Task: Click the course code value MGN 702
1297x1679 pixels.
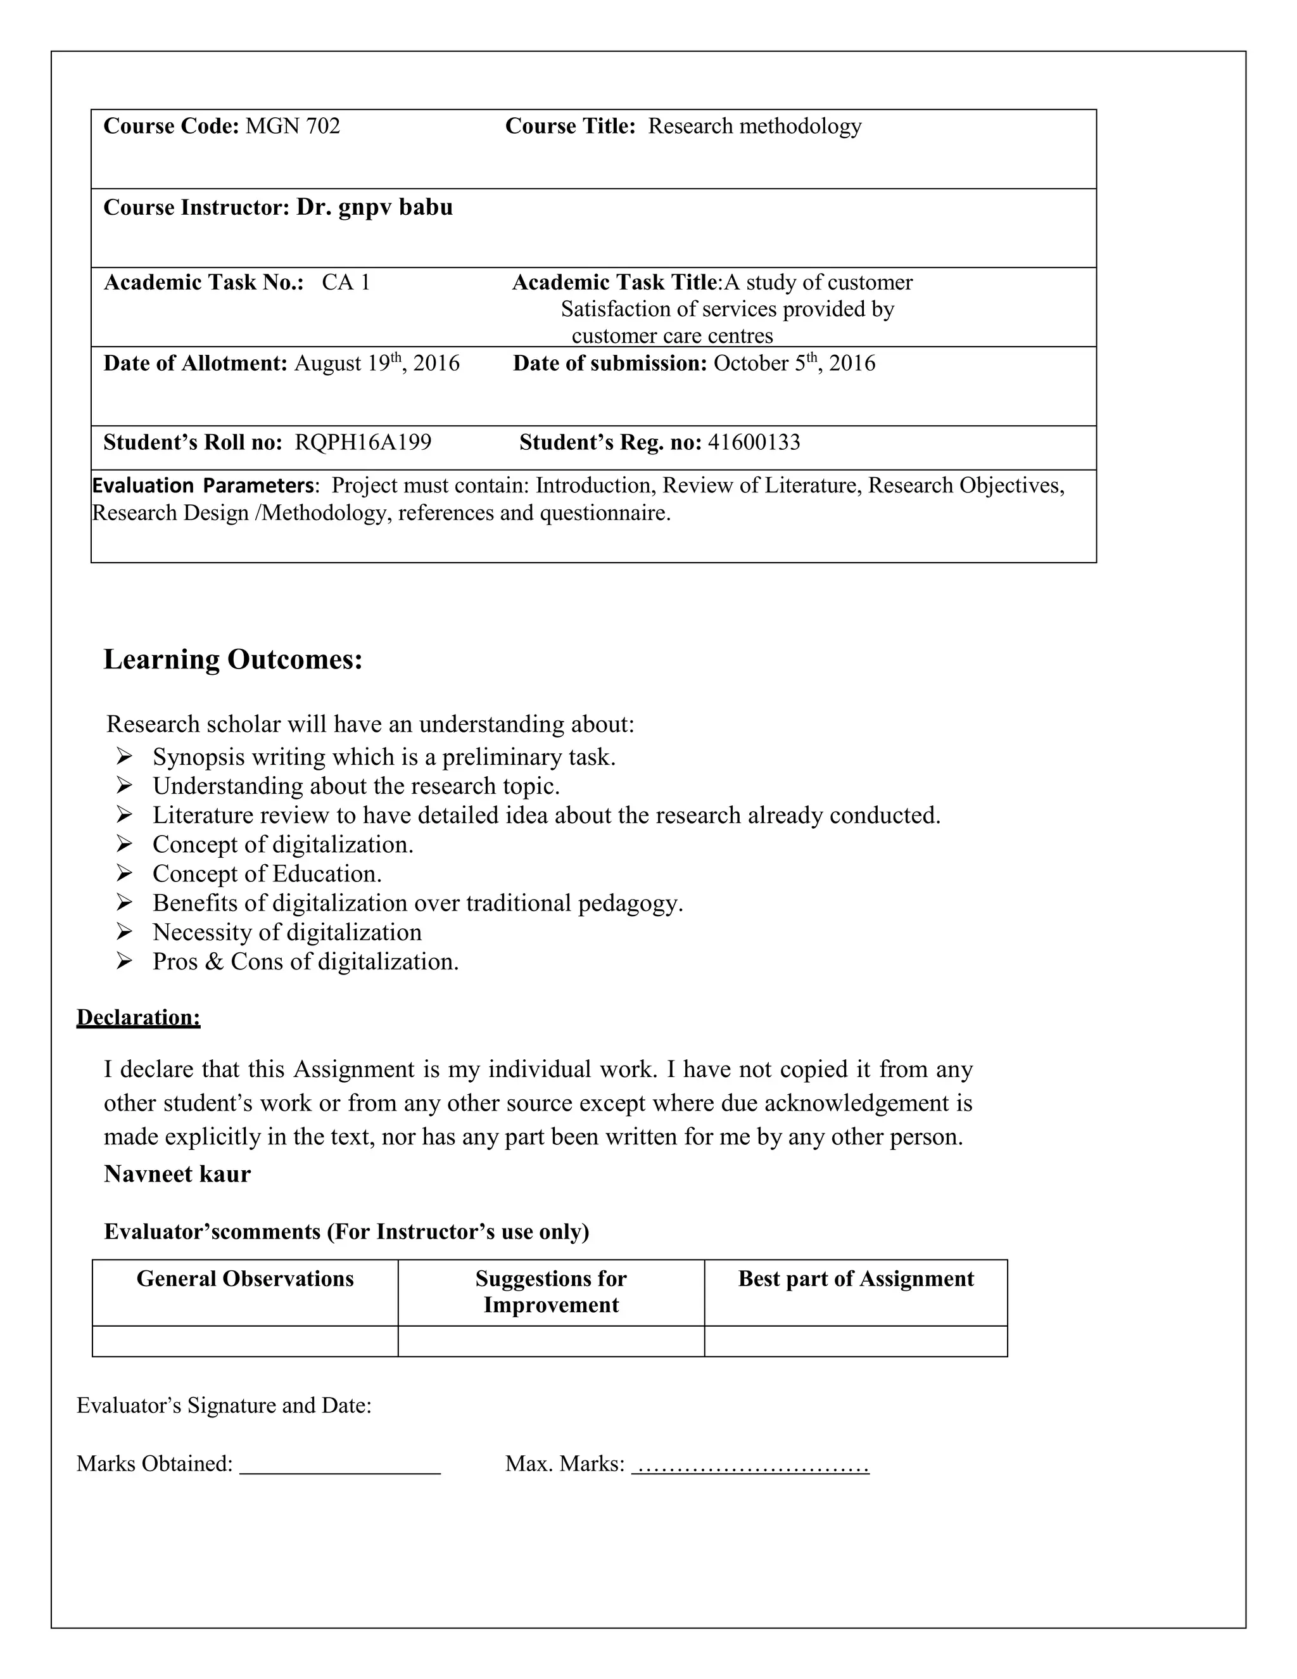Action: pos(292,126)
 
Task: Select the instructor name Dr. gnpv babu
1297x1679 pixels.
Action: pos(374,208)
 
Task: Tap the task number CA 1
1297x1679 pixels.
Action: pos(346,283)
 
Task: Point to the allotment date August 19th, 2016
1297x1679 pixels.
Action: pos(377,363)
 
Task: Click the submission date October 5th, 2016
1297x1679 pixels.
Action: pos(794,363)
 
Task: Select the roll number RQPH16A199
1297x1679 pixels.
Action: pos(363,443)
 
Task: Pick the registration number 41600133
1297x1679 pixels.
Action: pos(754,443)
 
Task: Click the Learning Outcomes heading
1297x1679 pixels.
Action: pos(233,660)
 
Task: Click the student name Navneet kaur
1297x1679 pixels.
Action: pos(177,1175)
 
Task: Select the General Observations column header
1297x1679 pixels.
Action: pos(245,1279)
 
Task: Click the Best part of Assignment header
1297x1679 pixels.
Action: pos(856,1279)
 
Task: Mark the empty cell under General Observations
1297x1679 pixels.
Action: pos(245,1341)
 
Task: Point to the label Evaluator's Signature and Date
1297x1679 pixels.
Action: pos(224,1406)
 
